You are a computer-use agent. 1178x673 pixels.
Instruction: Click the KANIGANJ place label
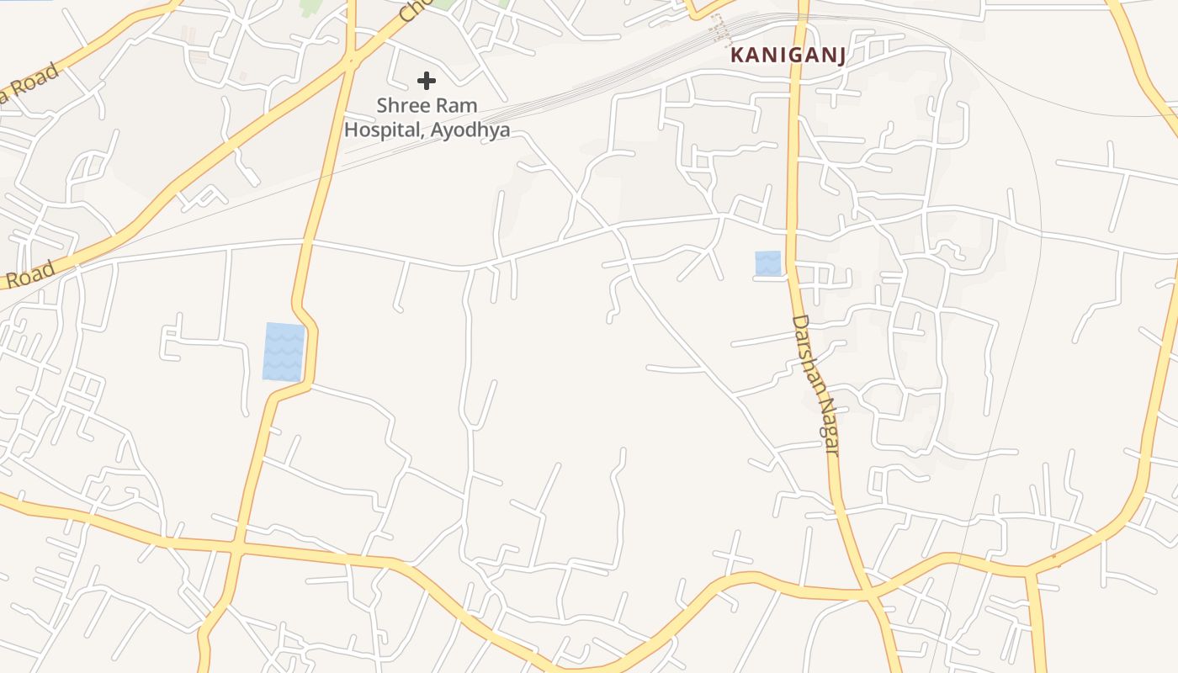coord(788,56)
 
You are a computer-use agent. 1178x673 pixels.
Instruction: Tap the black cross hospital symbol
coord(427,81)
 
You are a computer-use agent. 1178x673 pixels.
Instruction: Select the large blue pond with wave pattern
coord(284,352)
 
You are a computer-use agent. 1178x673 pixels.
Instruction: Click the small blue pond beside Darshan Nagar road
coord(767,262)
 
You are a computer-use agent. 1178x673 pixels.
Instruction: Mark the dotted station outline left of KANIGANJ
coord(720,30)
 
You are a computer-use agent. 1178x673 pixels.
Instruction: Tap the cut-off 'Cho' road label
coord(414,10)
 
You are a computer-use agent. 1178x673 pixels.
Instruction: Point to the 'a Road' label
coord(30,84)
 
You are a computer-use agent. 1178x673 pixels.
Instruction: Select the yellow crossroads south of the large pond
coord(237,548)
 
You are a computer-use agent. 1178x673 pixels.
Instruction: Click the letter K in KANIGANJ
coord(737,56)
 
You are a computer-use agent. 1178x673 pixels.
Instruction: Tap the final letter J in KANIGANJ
coord(839,56)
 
